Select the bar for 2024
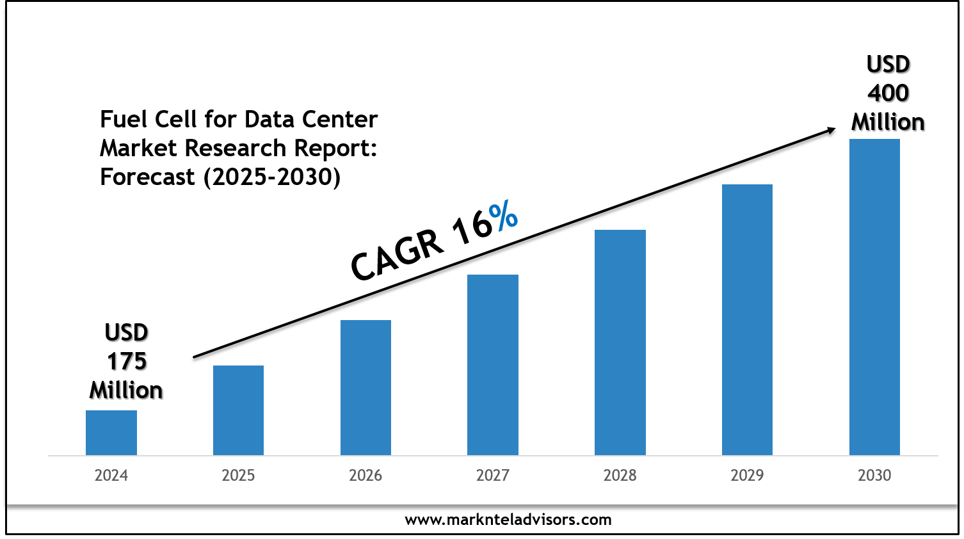coord(111,433)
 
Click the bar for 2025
coord(238,410)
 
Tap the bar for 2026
coord(366,387)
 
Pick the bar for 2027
coord(493,365)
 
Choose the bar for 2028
coord(620,342)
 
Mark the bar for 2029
coord(747,319)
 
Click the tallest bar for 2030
coord(874,297)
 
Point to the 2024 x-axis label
coord(111,476)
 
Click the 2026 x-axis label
coord(366,476)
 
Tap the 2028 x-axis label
coord(620,476)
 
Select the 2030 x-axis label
coord(874,476)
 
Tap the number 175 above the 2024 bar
coord(127,362)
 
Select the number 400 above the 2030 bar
coord(888,93)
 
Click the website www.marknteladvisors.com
coord(508,520)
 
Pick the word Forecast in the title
coord(147,177)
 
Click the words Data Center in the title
coord(311,120)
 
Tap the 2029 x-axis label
coord(747,476)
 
